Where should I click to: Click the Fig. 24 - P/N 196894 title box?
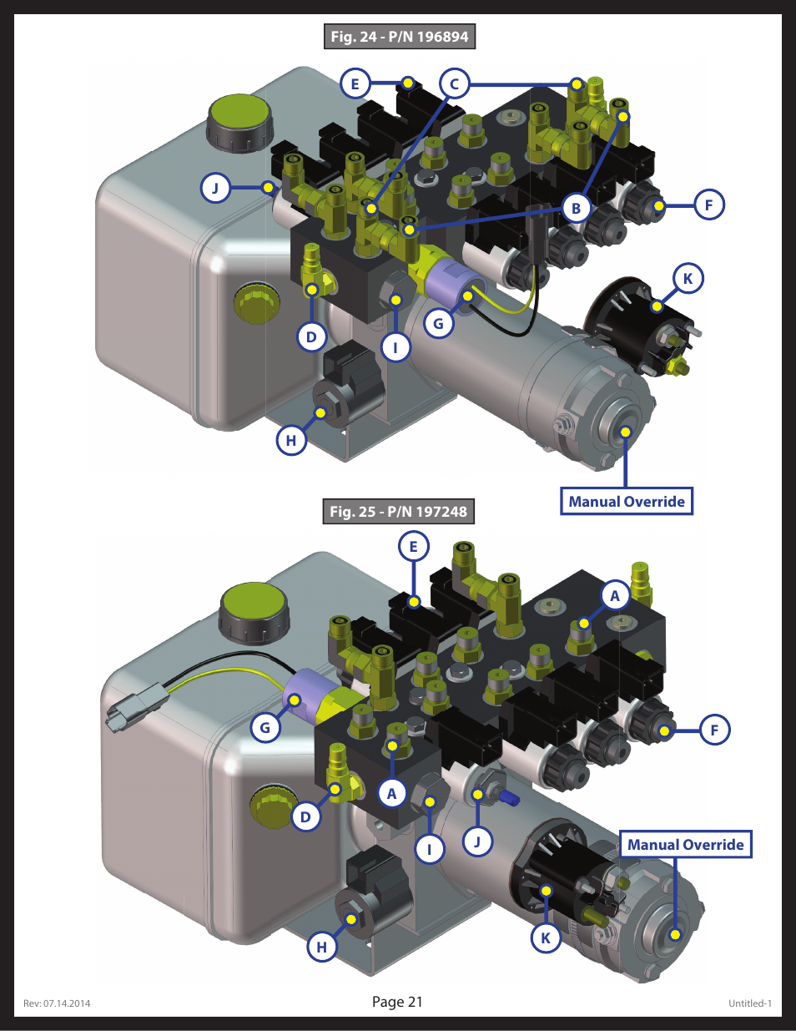click(x=399, y=37)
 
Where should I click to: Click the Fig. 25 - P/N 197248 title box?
click(x=398, y=511)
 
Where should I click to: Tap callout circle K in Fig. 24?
click(x=688, y=279)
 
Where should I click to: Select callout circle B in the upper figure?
click(x=576, y=208)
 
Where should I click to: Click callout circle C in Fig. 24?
click(x=455, y=84)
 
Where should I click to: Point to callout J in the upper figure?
click(x=215, y=188)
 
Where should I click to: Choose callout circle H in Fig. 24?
click(x=291, y=440)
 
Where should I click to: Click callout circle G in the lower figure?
click(x=265, y=727)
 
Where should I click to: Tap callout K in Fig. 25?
click(x=546, y=938)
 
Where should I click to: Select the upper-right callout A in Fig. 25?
click(x=615, y=595)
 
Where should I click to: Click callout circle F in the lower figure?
click(x=714, y=730)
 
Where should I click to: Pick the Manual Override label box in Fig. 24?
click(x=626, y=502)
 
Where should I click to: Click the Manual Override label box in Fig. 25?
click(x=685, y=844)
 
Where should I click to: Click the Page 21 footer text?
click(x=397, y=1002)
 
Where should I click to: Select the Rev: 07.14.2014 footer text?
click(x=57, y=1003)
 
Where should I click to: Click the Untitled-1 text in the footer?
click(x=749, y=1003)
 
